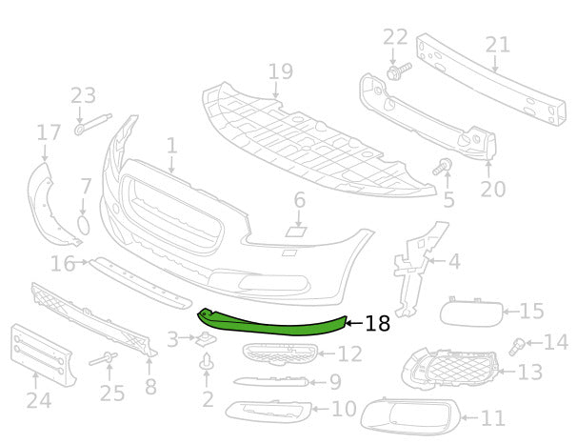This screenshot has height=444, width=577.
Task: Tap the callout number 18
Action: [377, 324]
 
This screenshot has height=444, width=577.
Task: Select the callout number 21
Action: [497, 44]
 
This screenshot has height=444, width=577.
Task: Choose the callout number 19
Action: [279, 71]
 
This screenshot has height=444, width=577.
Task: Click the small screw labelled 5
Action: [443, 171]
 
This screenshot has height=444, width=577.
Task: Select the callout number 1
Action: [171, 147]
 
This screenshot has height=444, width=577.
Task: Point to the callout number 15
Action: [531, 311]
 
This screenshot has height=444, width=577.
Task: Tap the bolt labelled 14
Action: [520, 343]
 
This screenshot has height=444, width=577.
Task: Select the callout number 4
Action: [453, 259]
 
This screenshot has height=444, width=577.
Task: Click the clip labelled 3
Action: [204, 340]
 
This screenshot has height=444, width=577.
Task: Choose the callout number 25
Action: [112, 393]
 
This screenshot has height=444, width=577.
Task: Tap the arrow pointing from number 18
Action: [354, 324]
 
